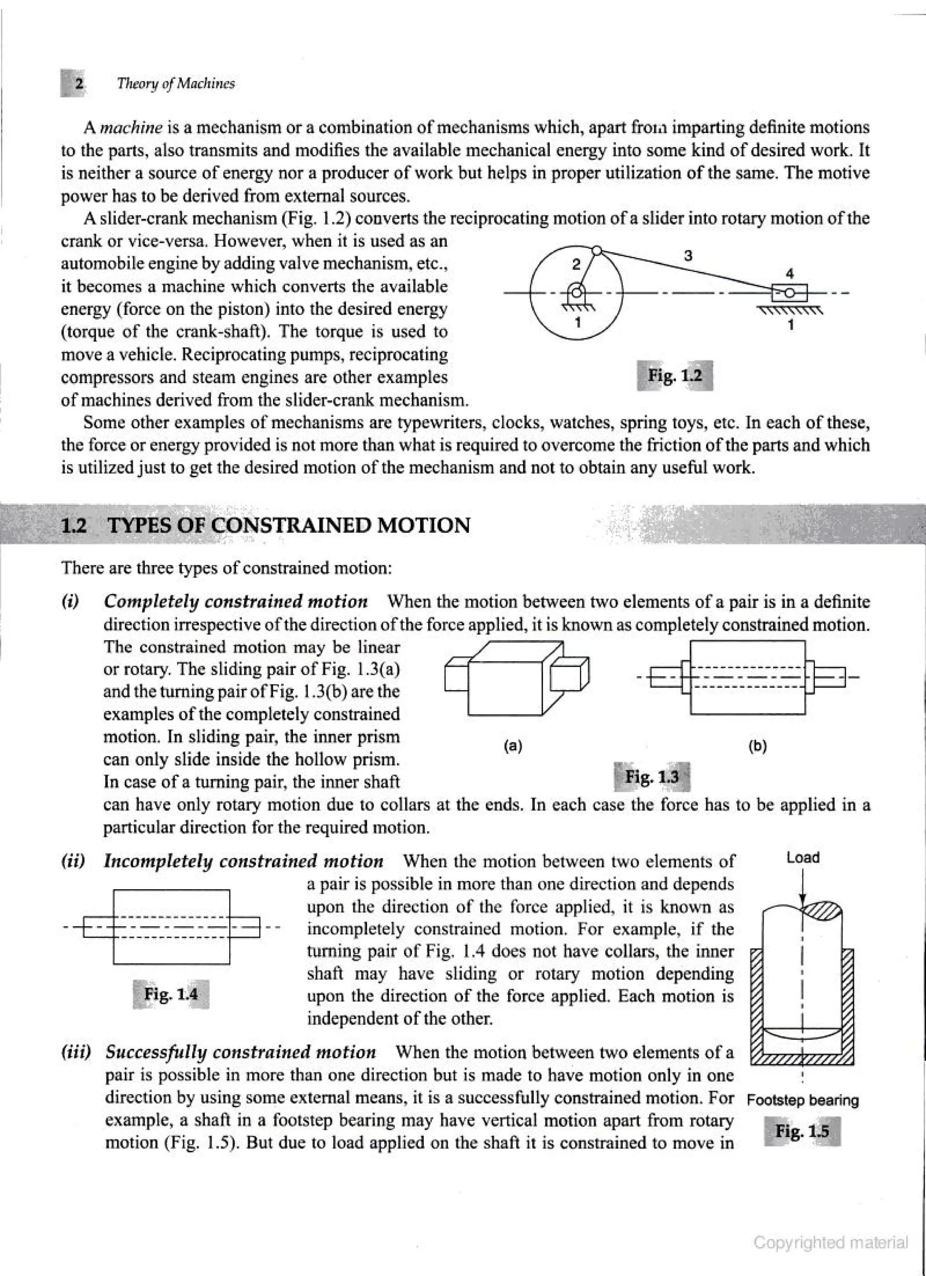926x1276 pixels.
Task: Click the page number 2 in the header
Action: click(x=79, y=84)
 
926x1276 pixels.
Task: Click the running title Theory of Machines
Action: click(x=175, y=84)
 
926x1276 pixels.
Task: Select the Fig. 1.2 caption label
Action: click(x=675, y=375)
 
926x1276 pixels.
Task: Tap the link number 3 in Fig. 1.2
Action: click(x=688, y=256)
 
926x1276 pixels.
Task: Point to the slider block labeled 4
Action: click(x=789, y=293)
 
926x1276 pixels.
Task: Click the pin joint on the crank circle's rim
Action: click(x=598, y=251)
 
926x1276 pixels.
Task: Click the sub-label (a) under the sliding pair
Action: click(x=513, y=747)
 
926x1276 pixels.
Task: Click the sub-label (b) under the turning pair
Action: click(x=757, y=747)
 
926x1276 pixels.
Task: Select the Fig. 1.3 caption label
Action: click(x=652, y=777)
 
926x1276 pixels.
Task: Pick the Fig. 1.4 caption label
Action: click(x=171, y=994)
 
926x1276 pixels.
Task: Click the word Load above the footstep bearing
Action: click(x=803, y=858)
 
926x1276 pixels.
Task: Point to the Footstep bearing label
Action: click(x=803, y=1100)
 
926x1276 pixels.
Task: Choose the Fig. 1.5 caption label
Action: click(x=802, y=1131)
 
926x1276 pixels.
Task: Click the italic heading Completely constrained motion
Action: click(x=236, y=602)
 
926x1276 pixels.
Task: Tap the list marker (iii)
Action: click(x=76, y=1052)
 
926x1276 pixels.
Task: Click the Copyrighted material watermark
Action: click(x=831, y=1242)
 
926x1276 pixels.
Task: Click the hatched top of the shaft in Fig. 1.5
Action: click(x=822, y=909)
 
